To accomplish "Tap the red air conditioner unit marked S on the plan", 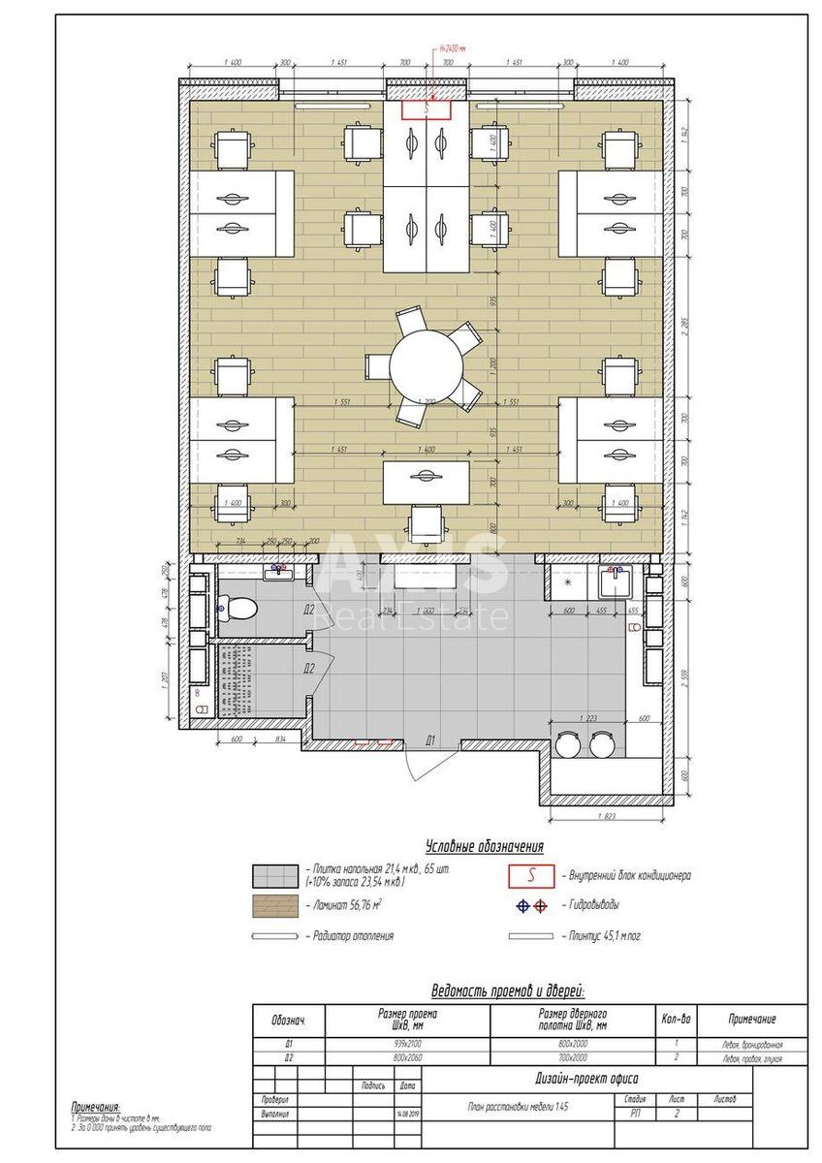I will (427, 110).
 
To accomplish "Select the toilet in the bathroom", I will (240, 609).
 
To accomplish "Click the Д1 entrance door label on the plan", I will (429, 740).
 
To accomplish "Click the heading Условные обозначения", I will (484, 846).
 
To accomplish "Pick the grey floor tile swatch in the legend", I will (275, 876).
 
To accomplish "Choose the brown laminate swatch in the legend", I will (275, 906).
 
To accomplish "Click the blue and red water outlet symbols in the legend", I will (530, 906).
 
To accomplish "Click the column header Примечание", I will (751, 1020).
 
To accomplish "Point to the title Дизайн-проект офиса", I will (586, 1079).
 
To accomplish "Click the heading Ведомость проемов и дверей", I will (508, 991).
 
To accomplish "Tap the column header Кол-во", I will (676, 1020).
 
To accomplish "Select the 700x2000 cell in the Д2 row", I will (572, 1058).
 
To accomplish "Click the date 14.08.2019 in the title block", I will (407, 1114).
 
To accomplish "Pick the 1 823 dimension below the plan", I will (606, 816).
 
